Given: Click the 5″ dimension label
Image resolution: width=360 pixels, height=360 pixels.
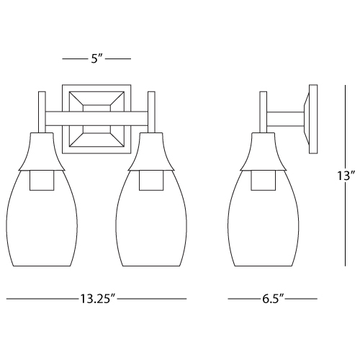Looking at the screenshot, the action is coord(96,58).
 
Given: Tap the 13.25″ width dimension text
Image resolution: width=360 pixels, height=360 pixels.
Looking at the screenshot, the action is coord(98,299).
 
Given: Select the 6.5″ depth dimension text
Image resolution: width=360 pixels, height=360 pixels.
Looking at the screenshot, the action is coord(273,299).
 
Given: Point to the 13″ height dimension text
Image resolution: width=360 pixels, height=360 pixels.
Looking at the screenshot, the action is coord(346,176).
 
